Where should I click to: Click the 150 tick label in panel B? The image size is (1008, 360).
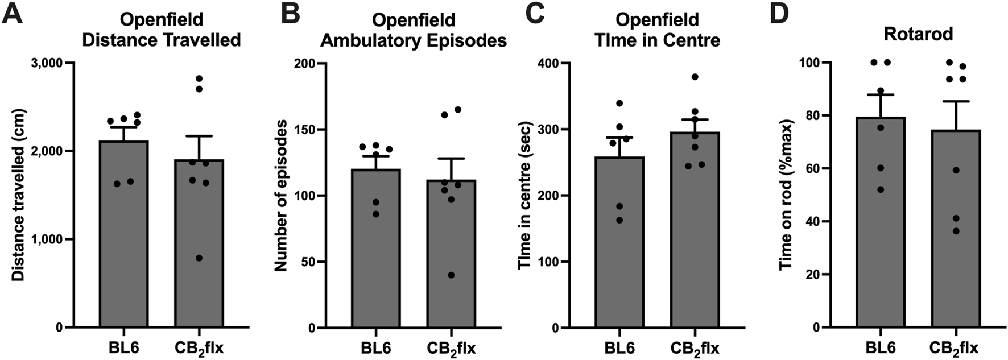tap(307, 130)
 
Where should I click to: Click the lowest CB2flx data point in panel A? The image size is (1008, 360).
tap(198, 258)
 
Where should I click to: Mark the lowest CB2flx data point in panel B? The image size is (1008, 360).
tap(451, 275)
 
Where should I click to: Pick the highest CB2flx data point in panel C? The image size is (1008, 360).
tap(694, 77)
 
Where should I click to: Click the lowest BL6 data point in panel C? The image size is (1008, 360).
tap(619, 220)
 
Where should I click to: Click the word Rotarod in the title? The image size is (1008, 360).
tap(918, 34)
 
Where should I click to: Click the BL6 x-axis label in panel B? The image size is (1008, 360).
tap(375, 347)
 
